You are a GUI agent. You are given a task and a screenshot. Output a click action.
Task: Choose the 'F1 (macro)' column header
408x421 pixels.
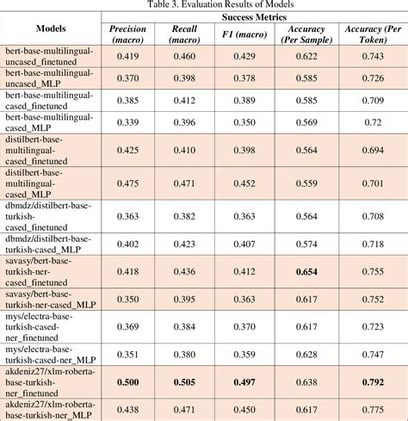234,34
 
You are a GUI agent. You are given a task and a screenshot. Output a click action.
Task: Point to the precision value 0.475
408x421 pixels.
127,183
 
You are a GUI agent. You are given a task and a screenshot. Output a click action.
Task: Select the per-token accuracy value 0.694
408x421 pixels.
372,150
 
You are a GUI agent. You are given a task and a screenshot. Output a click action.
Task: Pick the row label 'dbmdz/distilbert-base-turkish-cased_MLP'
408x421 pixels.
50,243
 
